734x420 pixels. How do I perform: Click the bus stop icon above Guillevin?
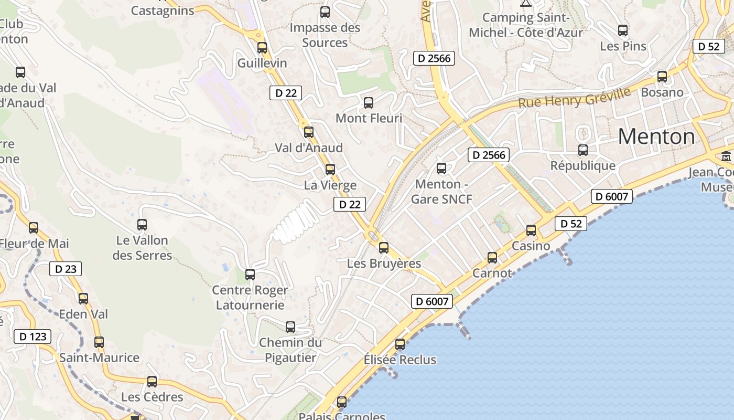click(x=262, y=48)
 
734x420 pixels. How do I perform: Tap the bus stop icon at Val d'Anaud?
click(x=309, y=132)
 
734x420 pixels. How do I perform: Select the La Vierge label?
click(x=330, y=185)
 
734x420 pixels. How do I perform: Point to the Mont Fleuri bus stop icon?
click(x=369, y=103)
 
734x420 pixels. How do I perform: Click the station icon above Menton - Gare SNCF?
click(x=441, y=169)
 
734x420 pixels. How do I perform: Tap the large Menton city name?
click(x=656, y=136)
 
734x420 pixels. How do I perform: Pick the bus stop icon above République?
click(x=583, y=150)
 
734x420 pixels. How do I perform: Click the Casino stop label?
click(x=531, y=246)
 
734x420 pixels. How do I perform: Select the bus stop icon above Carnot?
click(x=492, y=258)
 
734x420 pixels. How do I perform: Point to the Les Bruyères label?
click(x=384, y=264)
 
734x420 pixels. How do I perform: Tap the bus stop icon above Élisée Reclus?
click(x=400, y=344)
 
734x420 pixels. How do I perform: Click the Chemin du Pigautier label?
click(x=290, y=350)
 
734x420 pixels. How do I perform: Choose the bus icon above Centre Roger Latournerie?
click(x=250, y=275)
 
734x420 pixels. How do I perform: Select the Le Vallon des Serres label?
click(x=142, y=248)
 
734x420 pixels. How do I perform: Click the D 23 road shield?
click(x=66, y=269)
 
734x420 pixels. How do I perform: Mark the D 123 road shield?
click(x=33, y=337)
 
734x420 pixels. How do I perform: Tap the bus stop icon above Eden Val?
click(x=83, y=299)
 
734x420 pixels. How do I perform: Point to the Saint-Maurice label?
click(x=99, y=358)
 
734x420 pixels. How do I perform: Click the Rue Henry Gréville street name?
click(x=574, y=98)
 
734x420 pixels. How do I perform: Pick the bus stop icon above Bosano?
click(x=662, y=77)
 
